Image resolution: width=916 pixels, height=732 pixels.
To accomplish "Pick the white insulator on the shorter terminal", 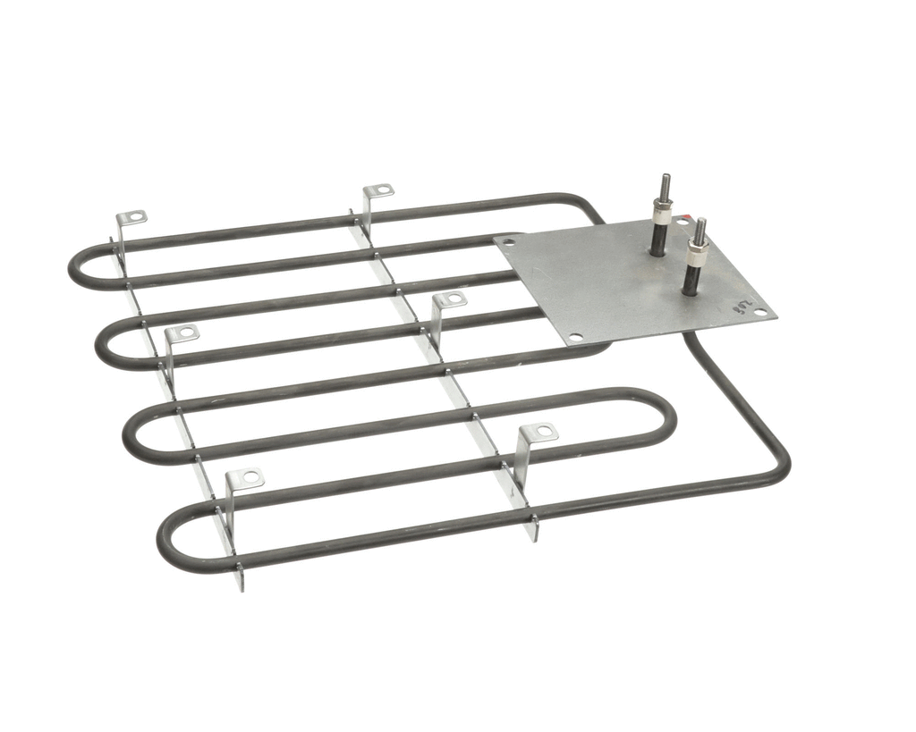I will point(696,254).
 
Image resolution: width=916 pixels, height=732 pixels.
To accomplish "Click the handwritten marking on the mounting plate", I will point(742,307).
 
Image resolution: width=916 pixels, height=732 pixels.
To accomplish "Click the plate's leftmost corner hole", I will point(509,241).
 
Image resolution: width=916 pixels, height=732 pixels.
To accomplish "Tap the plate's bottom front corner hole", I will point(575,338).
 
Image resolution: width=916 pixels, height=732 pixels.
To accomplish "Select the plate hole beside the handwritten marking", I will point(759,313).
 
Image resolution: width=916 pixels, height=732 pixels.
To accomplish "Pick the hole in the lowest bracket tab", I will point(248,478).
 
